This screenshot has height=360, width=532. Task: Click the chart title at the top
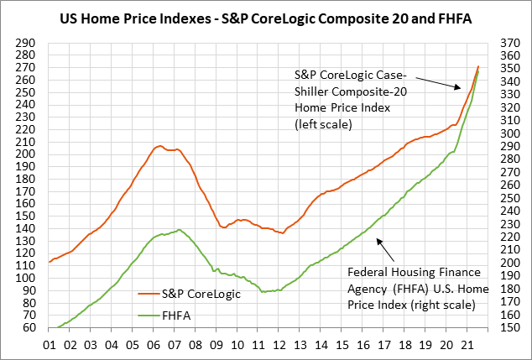(266, 16)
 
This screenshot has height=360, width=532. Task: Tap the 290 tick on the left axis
(28, 43)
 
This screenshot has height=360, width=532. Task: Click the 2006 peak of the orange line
(159, 146)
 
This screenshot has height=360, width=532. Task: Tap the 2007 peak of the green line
(178, 229)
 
